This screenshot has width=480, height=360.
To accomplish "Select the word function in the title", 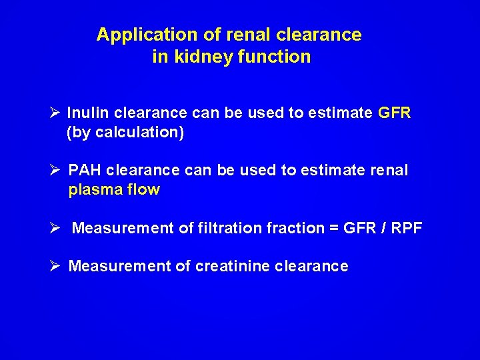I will point(276,57).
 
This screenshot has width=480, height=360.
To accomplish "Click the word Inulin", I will point(89,113).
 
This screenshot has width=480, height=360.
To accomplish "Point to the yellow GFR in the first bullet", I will point(394,113).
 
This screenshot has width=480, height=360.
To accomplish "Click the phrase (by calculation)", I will point(125,133).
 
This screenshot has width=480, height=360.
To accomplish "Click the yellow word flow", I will point(145,190).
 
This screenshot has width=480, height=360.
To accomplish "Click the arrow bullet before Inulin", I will point(55,113).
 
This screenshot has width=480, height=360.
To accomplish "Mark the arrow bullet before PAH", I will point(55,171).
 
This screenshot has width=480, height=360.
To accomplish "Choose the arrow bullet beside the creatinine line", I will point(55,267).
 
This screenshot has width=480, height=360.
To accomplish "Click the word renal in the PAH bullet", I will point(388,171).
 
